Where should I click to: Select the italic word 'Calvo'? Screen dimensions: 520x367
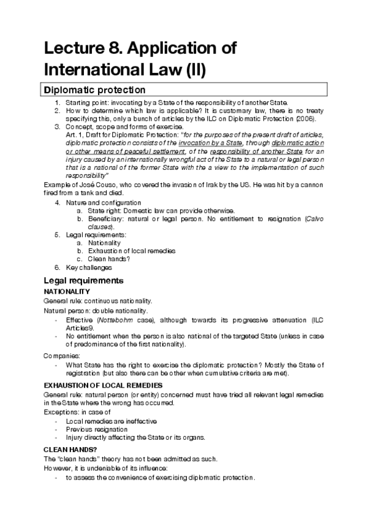coord(312,219)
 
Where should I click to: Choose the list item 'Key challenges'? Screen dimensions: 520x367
coord(86,267)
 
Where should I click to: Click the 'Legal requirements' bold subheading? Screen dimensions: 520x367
coord(84,280)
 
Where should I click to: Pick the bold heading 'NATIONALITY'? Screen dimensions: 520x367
coord(67,291)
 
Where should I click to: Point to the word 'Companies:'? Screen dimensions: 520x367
coord(60,356)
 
